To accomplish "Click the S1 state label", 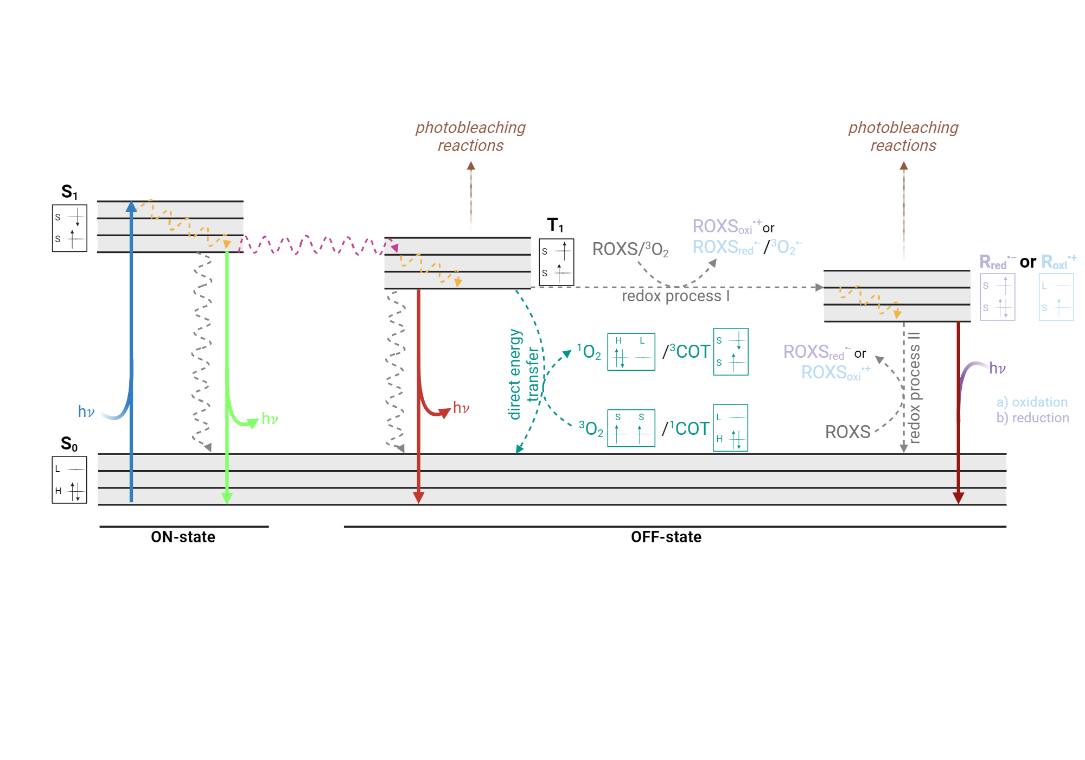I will pyautogui.click(x=69, y=192).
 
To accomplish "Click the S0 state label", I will pyautogui.click(x=69, y=444).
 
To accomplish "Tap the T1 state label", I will pyautogui.click(x=555, y=225).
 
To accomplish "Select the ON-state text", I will pyautogui.click(x=183, y=537).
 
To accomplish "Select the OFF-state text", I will pyautogui.click(x=666, y=537).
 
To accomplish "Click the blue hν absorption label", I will pyautogui.click(x=86, y=411).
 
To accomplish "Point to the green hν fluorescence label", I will pyautogui.click(x=270, y=419).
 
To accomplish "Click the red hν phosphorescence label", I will pyautogui.click(x=461, y=408).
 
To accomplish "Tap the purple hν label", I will pyautogui.click(x=997, y=368).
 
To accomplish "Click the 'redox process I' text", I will pyautogui.click(x=675, y=296).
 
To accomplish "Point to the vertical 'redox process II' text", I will pyautogui.click(x=915, y=388).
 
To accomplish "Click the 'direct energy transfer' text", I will pyautogui.click(x=524, y=375).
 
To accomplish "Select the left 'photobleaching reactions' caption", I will pyautogui.click(x=470, y=136).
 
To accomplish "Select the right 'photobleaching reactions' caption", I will pyautogui.click(x=903, y=136).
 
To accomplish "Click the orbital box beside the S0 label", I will pyautogui.click(x=69, y=480).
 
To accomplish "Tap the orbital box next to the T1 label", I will pyautogui.click(x=556, y=262).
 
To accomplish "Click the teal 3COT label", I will pyautogui.click(x=688, y=352).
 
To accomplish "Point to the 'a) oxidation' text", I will pyautogui.click(x=1032, y=402).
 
